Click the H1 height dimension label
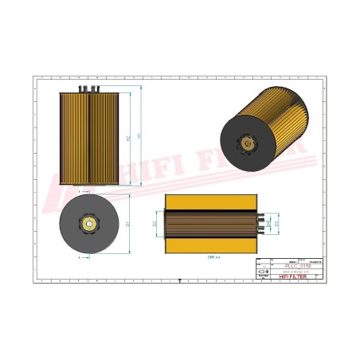pos(140,137)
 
